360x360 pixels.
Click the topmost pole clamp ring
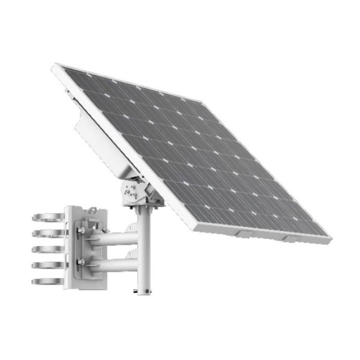[45, 218]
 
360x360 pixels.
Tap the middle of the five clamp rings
[45, 248]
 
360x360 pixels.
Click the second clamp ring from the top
[45, 233]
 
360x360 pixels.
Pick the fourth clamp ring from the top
[45, 265]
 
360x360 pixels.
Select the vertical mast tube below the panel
[143, 252]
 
